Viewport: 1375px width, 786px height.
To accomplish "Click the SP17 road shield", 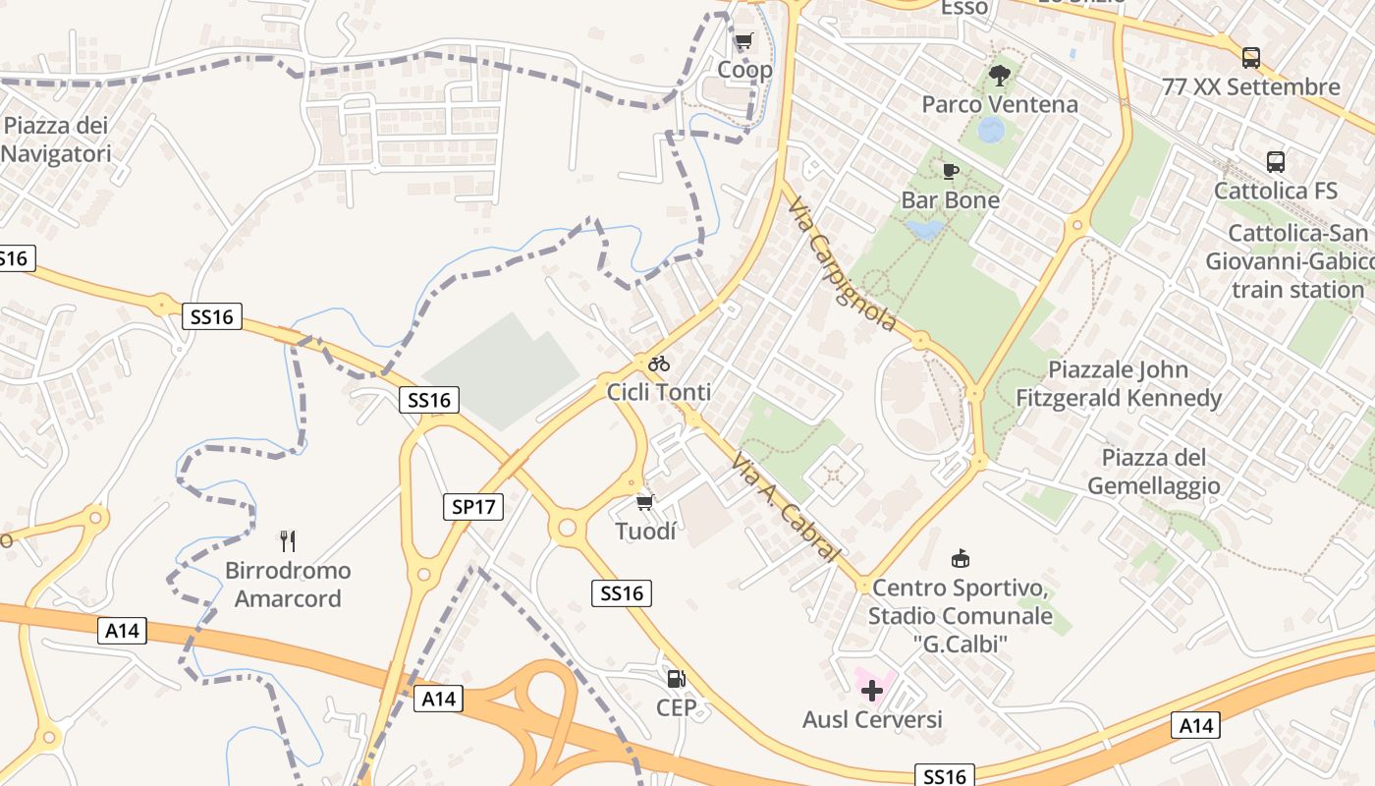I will coord(472,507).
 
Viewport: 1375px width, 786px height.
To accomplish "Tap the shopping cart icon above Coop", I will coord(743,41).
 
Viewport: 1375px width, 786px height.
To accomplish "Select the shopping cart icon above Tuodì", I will coord(644,503).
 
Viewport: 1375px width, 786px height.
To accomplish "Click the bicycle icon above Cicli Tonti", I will coord(658,364).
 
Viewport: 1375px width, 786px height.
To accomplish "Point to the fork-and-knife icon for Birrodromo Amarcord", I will coord(287,540).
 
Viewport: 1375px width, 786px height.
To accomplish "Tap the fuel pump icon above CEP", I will coord(676,678).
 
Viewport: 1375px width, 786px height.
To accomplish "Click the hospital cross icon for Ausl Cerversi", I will coord(871,691).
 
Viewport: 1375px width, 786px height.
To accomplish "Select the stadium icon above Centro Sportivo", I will coord(960,559).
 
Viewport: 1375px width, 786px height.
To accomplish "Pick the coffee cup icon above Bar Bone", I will coord(950,172).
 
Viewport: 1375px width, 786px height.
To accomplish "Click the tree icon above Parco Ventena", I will coord(999,76).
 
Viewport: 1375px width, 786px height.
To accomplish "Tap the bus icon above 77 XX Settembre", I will coord(1250,58).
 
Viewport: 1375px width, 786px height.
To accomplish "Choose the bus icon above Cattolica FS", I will coord(1275,162).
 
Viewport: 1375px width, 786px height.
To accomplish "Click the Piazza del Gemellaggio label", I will coord(1154,472).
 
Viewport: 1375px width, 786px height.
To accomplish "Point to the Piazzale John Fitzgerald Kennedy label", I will coord(1119,384).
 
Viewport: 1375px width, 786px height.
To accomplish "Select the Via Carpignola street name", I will coord(843,264).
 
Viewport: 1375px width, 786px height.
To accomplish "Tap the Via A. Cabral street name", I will coord(787,507).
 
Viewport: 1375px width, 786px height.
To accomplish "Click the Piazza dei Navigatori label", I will coord(56,140).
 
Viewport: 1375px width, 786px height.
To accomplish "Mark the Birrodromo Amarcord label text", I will coord(288,585).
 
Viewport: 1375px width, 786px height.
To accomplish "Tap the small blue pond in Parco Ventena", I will coord(992,129).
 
